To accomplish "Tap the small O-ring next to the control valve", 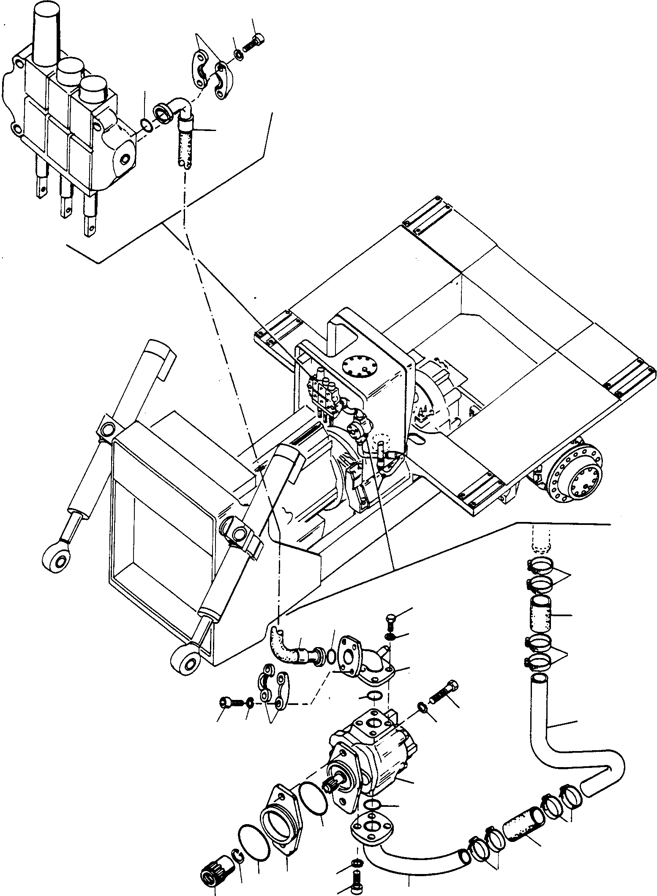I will (x=145, y=125).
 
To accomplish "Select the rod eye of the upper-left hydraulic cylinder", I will (x=56, y=560).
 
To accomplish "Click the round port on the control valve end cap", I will (x=124, y=159).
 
